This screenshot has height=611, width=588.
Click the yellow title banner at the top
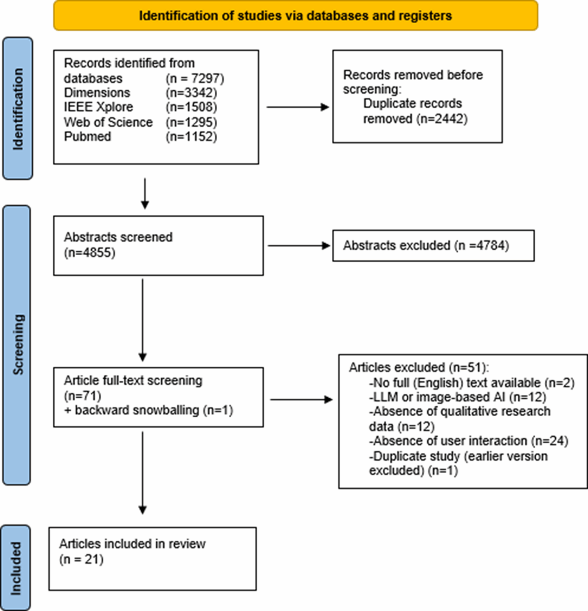pyautogui.click(x=295, y=16)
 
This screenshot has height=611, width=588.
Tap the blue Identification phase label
pyautogui.click(x=18, y=109)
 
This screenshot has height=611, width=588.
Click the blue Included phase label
pyautogui.click(x=18, y=567)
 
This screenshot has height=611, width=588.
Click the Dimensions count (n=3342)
pyautogui.click(x=190, y=93)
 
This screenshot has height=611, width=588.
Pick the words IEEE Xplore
pyautogui.click(x=98, y=107)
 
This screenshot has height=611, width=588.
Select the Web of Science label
pyautogui.click(x=109, y=122)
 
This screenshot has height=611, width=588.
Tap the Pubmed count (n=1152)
pyautogui.click(x=190, y=137)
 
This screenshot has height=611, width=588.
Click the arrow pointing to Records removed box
pyautogui.click(x=299, y=107)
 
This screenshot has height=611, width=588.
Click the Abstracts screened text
pyautogui.click(x=118, y=237)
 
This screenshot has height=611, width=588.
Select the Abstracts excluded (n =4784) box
pyautogui.click(x=433, y=245)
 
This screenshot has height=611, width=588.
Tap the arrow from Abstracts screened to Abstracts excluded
pyautogui.click(x=299, y=245)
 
